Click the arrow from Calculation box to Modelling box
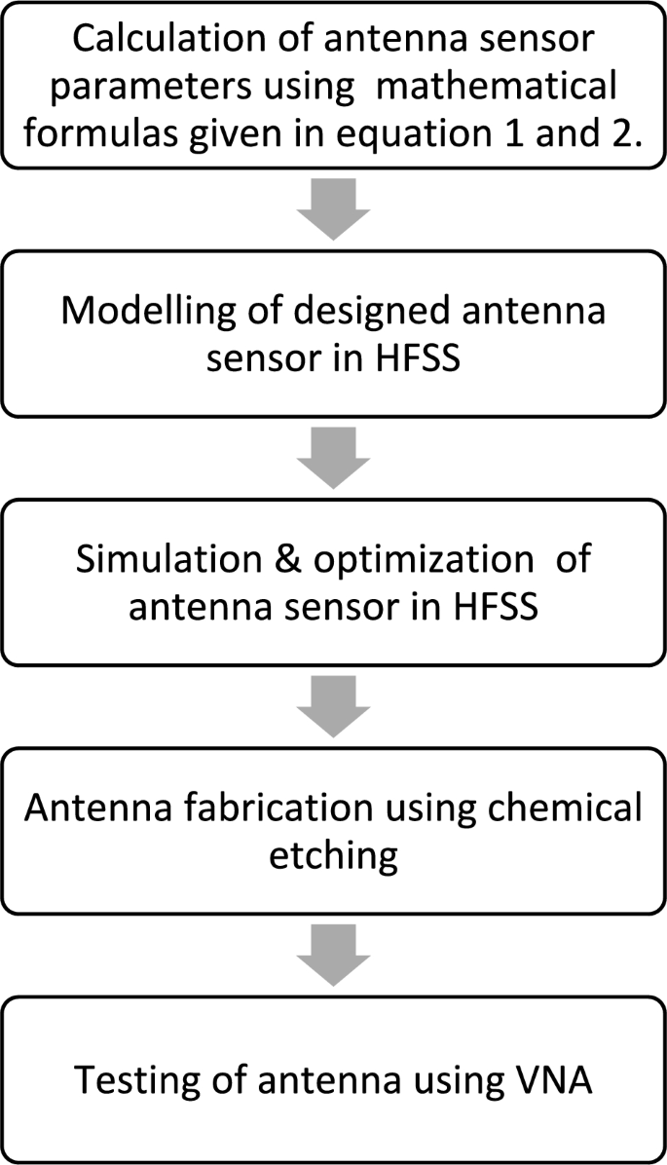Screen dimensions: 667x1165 pos(334,208)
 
